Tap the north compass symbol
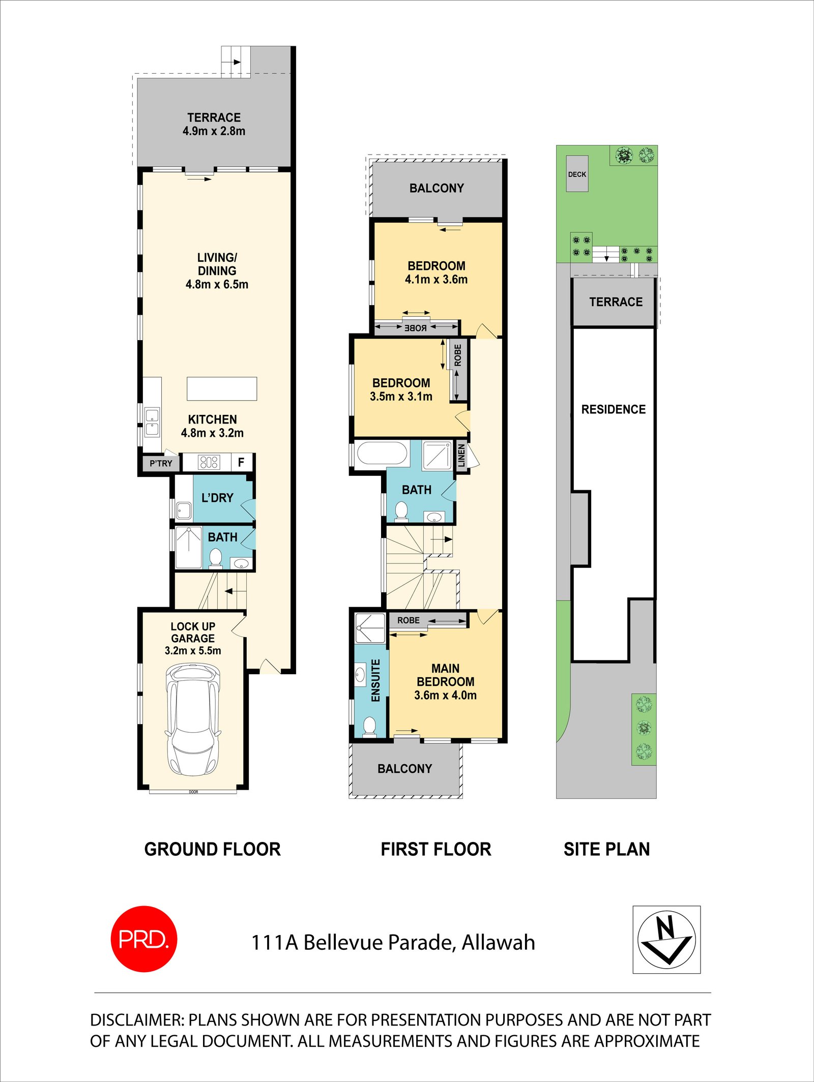(666, 939)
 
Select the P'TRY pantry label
(161, 463)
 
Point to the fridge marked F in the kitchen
(241, 462)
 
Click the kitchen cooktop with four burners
(209, 462)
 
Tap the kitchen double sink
(152, 422)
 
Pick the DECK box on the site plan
(577, 174)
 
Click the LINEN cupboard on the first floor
(461, 455)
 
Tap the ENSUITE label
(376, 680)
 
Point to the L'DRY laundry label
(217, 498)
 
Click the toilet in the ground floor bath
(216, 558)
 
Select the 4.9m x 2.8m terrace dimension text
(214, 131)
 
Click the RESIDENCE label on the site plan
(613, 409)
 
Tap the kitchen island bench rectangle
(222, 388)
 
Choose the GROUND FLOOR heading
(212, 849)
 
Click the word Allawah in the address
(498, 943)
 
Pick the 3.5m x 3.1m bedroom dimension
(401, 397)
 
